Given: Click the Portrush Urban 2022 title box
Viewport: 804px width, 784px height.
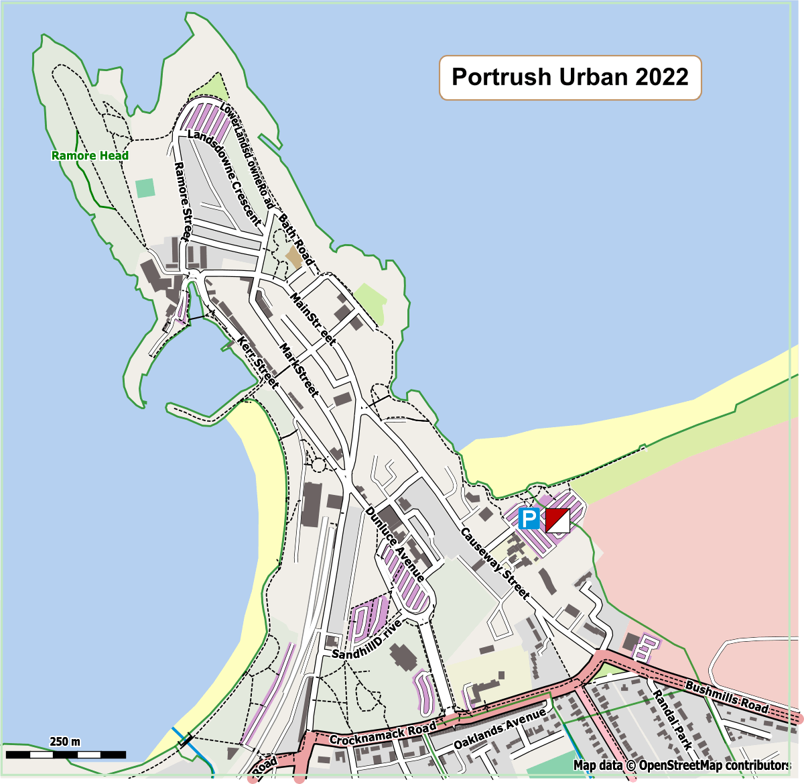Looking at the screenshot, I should (569, 78).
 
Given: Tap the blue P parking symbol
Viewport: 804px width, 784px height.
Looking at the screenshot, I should (529, 518).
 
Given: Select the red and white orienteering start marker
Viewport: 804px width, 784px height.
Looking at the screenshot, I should (557, 520).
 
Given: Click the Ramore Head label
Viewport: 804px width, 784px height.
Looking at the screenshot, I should (90, 156).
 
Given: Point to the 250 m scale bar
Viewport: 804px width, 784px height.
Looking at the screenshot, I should (65, 754).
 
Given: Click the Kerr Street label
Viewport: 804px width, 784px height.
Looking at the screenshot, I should (258, 362).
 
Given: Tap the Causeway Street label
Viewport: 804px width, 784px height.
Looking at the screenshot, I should (495, 564).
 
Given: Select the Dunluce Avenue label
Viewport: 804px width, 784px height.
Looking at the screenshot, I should (395, 544).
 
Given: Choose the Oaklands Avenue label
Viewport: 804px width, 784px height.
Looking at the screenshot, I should (500, 729).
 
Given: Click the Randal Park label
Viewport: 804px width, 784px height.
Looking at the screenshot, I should (672, 719).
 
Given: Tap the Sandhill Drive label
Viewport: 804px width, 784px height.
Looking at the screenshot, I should (367, 639).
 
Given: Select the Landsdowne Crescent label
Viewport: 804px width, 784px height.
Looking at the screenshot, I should (224, 177).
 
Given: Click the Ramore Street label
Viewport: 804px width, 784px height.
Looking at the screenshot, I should (182, 201).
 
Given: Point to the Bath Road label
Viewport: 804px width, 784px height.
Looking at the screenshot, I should (296, 239).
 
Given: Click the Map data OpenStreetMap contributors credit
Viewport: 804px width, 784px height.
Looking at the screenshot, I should (681, 765).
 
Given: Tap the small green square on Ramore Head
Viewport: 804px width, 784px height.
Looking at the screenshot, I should (145, 188).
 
